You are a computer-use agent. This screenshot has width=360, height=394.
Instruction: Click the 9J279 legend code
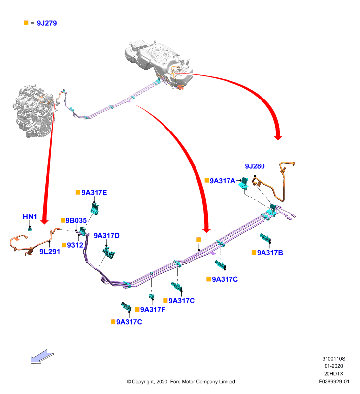(47, 23)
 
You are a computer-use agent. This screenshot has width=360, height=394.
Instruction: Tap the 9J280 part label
(255, 166)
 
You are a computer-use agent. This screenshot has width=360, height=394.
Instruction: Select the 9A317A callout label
(223, 181)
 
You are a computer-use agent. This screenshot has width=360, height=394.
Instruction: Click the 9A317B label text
(270, 253)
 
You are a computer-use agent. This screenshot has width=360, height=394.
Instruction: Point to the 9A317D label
(106, 236)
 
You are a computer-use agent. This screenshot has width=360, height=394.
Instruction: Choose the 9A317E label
(94, 193)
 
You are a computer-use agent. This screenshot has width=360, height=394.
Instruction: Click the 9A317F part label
(153, 310)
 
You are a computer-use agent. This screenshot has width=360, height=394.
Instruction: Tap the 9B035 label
(76, 220)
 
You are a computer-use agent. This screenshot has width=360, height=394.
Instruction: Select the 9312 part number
(75, 245)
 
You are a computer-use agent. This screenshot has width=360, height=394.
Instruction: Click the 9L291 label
(50, 252)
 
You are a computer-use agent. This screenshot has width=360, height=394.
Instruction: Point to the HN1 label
(30, 217)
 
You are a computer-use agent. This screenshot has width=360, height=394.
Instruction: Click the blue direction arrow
(42, 357)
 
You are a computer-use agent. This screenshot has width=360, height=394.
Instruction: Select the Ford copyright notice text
(181, 381)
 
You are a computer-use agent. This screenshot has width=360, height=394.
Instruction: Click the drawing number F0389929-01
(334, 381)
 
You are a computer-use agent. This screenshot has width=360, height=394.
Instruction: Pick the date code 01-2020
(333, 366)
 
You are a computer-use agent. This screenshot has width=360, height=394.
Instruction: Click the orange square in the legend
(26, 23)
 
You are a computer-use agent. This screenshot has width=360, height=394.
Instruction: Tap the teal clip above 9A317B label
(265, 237)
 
